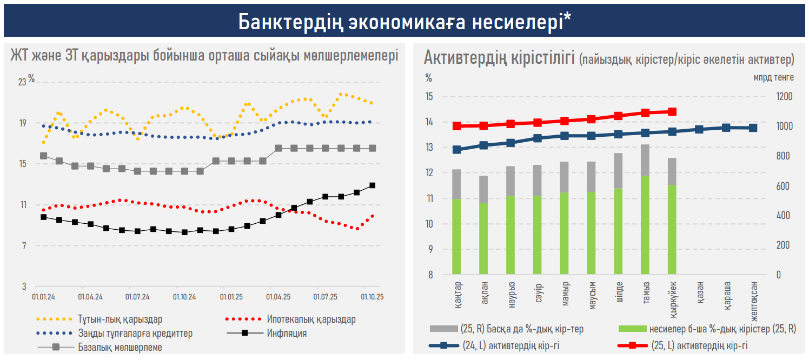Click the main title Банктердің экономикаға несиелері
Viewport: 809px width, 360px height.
coord(404,21)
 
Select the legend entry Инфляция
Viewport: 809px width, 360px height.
coord(287,333)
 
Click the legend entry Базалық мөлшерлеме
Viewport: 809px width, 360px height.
coord(120,347)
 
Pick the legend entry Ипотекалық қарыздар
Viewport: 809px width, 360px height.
coord(311,319)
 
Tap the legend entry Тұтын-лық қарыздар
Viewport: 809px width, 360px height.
coord(120,319)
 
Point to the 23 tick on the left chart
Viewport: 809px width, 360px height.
coord(22,82)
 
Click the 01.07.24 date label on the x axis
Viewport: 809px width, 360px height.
coord(137,297)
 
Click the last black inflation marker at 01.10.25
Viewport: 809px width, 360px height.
coord(372,185)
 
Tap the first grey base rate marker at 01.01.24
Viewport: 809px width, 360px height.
coord(44,156)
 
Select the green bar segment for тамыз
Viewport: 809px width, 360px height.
coord(645,225)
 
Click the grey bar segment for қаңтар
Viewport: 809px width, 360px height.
coord(456,184)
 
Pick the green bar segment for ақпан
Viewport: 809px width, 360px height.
coord(483,238)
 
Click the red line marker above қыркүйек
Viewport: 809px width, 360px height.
coord(672,112)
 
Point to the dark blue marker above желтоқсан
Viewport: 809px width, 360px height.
coord(753,128)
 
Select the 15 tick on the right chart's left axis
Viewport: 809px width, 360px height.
coord(429,97)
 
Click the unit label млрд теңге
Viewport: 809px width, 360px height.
coord(773,77)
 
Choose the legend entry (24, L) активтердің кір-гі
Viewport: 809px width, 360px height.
coord(510,346)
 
